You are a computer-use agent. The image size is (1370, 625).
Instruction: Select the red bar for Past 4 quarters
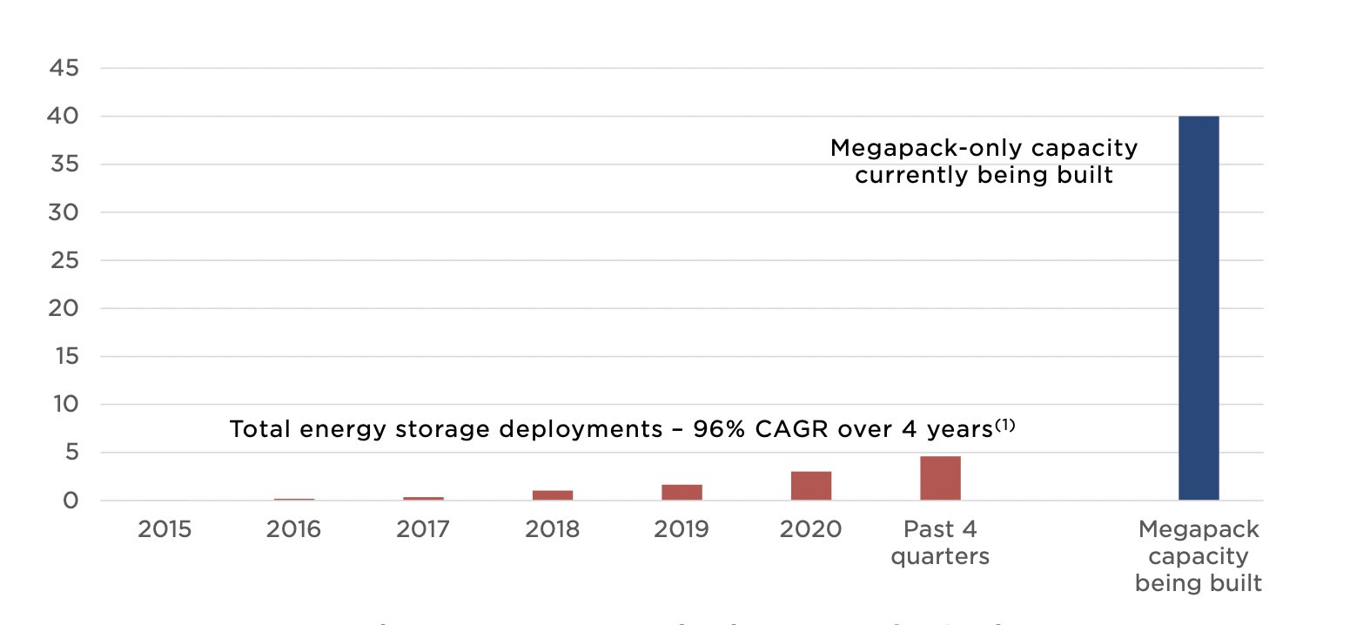point(940,478)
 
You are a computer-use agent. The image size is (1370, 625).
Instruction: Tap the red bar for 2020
point(810,486)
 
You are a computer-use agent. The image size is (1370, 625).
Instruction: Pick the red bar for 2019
point(682,492)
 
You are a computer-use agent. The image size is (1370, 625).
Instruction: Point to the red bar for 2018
point(553,495)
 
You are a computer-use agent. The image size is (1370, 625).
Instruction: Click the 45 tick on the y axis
point(64,68)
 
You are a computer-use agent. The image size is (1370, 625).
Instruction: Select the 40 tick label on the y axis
point(63,116)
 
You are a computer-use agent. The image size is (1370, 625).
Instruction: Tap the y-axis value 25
point(64,260)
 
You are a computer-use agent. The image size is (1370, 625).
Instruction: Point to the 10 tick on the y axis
point(65,404)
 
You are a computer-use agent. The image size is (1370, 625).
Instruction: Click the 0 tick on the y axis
point(71,501)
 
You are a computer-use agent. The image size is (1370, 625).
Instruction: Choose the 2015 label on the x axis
point(165,529)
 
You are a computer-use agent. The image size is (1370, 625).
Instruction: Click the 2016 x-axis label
point(293,529)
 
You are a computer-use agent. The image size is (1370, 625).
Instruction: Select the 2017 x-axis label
point(423,529)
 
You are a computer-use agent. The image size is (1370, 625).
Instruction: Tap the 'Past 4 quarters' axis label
point(940,542)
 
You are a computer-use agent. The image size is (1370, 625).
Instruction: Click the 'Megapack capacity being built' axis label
point(1199,555)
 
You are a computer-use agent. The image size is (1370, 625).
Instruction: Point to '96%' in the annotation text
point(719,429)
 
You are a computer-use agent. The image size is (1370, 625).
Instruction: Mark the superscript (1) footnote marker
point(1005,425)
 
